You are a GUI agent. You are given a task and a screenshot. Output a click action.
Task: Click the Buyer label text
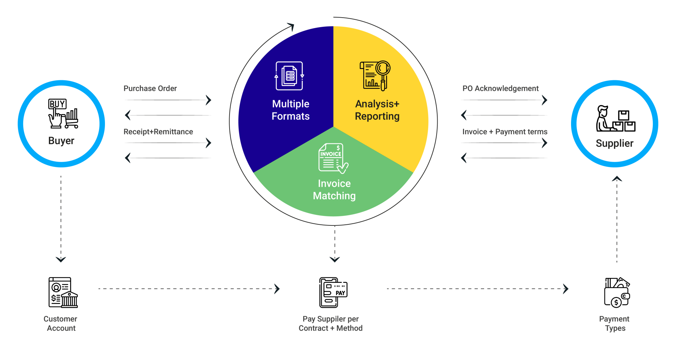pos(61,141)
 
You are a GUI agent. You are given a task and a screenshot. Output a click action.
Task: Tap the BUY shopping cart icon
pos(63,113)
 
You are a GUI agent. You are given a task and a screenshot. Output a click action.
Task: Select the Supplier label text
pos(614,143)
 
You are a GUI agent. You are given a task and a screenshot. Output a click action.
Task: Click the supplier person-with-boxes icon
pos(615,119)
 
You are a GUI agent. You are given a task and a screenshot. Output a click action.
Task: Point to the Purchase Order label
pos(150,88)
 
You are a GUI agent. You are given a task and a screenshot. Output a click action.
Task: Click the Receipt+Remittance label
pos(158,132)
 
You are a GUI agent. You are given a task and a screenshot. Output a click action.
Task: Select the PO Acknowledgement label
pos(500,88)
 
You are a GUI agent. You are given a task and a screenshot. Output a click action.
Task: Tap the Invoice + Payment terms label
pos(505,132)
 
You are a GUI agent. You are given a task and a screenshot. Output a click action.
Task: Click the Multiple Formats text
pos(290,110)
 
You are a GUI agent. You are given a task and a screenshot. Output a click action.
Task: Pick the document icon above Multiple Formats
pos(289,76)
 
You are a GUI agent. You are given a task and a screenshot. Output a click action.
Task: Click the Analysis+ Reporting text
pos(377,110)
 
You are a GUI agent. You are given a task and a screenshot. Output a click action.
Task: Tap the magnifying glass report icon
pos(375,76)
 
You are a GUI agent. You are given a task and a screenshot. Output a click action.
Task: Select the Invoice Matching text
pos(334,190)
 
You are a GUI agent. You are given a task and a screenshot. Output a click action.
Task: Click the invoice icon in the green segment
pos(333,159)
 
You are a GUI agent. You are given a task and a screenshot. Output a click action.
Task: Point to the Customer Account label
pos(61,323)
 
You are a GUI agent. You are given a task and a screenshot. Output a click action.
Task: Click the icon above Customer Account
pos(63,292)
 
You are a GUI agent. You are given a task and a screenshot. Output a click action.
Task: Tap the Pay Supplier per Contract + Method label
pos(330,323)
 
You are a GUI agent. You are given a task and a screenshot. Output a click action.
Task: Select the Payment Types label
pos(614,323)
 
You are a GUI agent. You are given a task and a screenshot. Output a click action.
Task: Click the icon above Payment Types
pos(617,292)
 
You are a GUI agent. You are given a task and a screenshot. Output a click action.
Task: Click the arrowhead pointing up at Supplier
pos(617,179)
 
